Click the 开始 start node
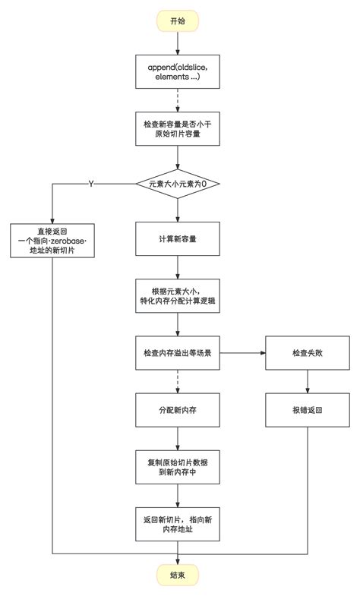tap(177, 20)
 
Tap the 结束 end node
tap(177, 575)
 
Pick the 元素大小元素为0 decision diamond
tap(177, 184)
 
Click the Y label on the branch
tap(91, 184)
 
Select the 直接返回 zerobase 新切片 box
tap(53, 240)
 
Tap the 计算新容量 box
tap(177, 239)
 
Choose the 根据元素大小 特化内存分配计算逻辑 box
tap(177, 295)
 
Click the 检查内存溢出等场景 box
tap(177, 353)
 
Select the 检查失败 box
tap(307, 353)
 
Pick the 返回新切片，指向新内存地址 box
tap(177, 523)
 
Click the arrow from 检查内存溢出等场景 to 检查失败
tap(242, 353)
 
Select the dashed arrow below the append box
tap(177, 99)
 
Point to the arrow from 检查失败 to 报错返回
tap(307, 381)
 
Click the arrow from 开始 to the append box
tap(177, 43)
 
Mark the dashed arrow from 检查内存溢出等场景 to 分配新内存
tap(177, 381)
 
